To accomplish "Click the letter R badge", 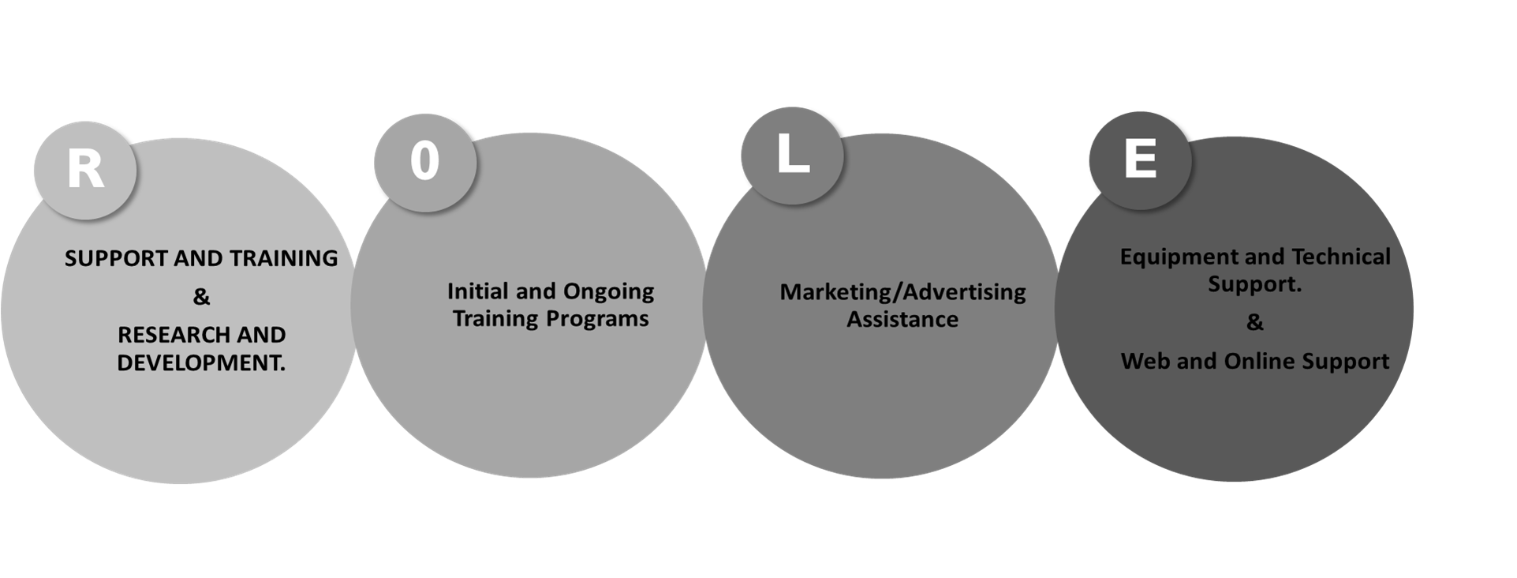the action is pos(85,170).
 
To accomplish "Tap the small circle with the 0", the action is pos(425,163).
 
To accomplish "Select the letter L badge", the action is pos(792,156).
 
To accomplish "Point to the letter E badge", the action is pos(1140,160).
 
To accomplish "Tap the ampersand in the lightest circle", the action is pos(201,297).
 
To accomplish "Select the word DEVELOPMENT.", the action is pos(201,362).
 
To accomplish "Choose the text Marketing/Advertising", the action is pos(902,293).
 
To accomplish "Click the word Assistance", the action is pos(902,320).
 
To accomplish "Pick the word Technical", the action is pos(1341,257).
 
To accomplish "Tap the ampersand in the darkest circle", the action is pos(1254,322).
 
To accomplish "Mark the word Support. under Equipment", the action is pos(1254,285).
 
